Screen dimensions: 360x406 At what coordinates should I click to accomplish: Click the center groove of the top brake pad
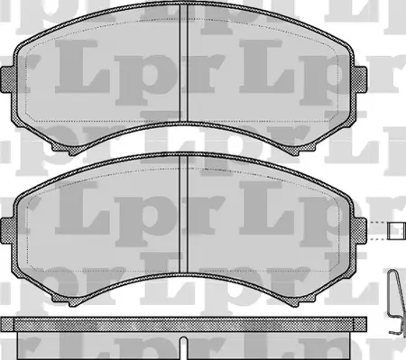(183, 68)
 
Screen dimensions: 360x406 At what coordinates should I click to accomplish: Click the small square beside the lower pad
(393, 232)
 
